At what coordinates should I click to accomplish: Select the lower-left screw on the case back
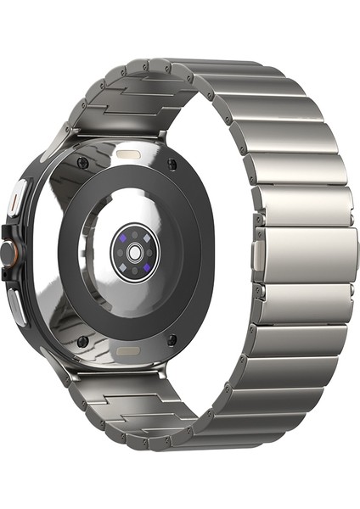coord(82,341)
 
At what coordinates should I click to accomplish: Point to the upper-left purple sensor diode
coord(125,241)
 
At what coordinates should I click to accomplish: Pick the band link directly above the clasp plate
coord(301,205)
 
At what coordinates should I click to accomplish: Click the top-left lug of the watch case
coord(63,136)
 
